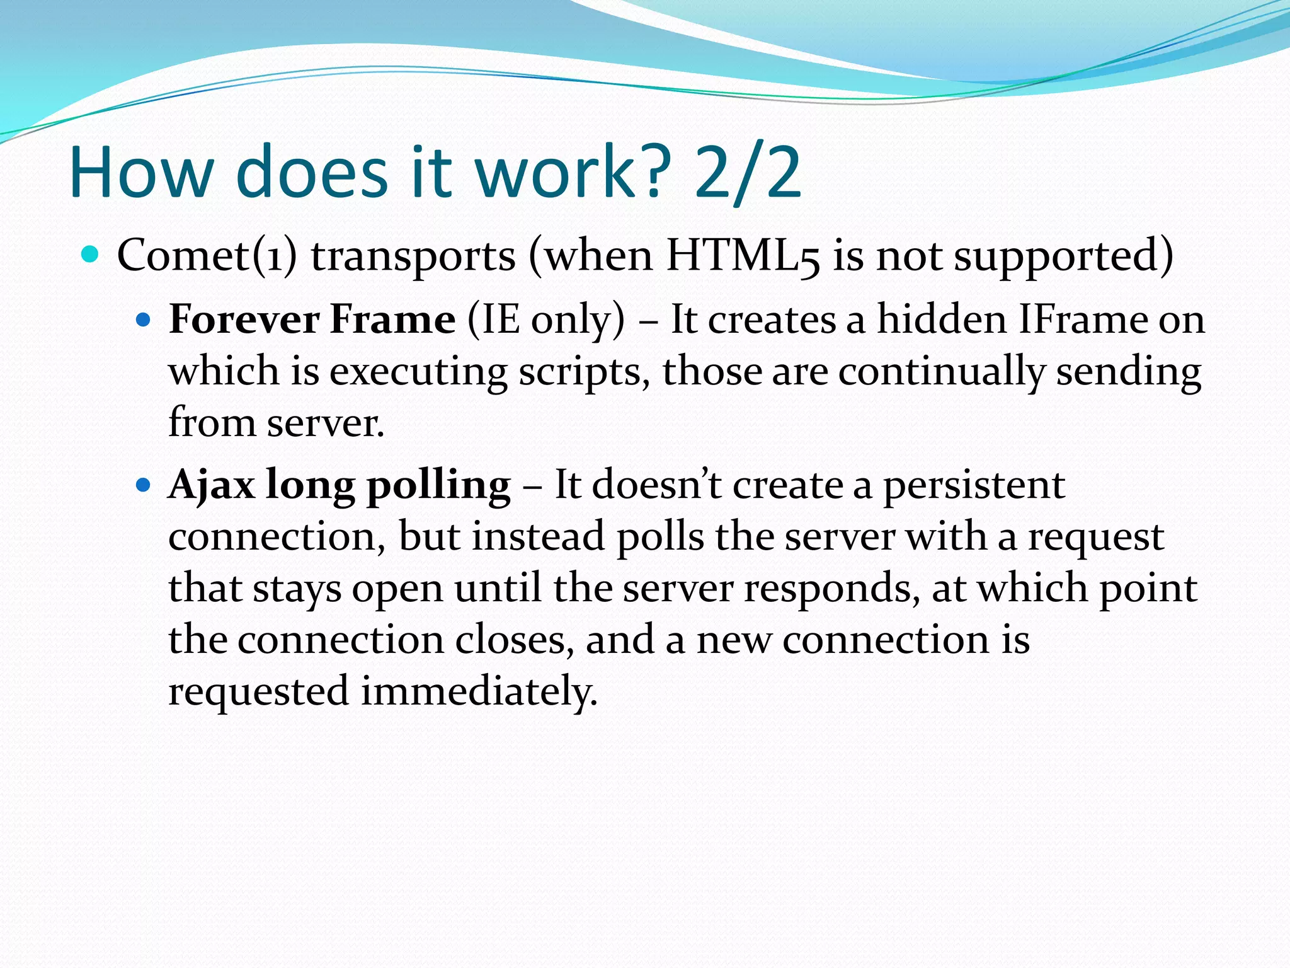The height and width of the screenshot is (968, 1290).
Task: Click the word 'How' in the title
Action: [x=141, y=173]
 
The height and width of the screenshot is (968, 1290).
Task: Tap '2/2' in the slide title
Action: [x=748, y=173]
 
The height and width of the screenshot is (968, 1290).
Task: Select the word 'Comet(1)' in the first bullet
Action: [x=207, y=255]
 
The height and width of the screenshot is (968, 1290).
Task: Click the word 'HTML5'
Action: [x=743, y=255]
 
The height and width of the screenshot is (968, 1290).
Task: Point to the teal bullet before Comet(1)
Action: [x=91, y=254]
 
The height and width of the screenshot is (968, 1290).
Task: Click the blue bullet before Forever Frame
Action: [x=144, y=320]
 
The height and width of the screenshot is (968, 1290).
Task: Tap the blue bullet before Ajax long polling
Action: [x=144, y=485]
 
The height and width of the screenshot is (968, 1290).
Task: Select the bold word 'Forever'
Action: [x=244, y=319]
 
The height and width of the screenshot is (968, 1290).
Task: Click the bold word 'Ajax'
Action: [x=211, y=485]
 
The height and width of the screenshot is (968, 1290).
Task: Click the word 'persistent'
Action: [x=974, y=485]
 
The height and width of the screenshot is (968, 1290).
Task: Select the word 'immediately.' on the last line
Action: [x=479, y=691]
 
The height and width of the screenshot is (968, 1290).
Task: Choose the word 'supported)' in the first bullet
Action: [x=1064, y=256]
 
